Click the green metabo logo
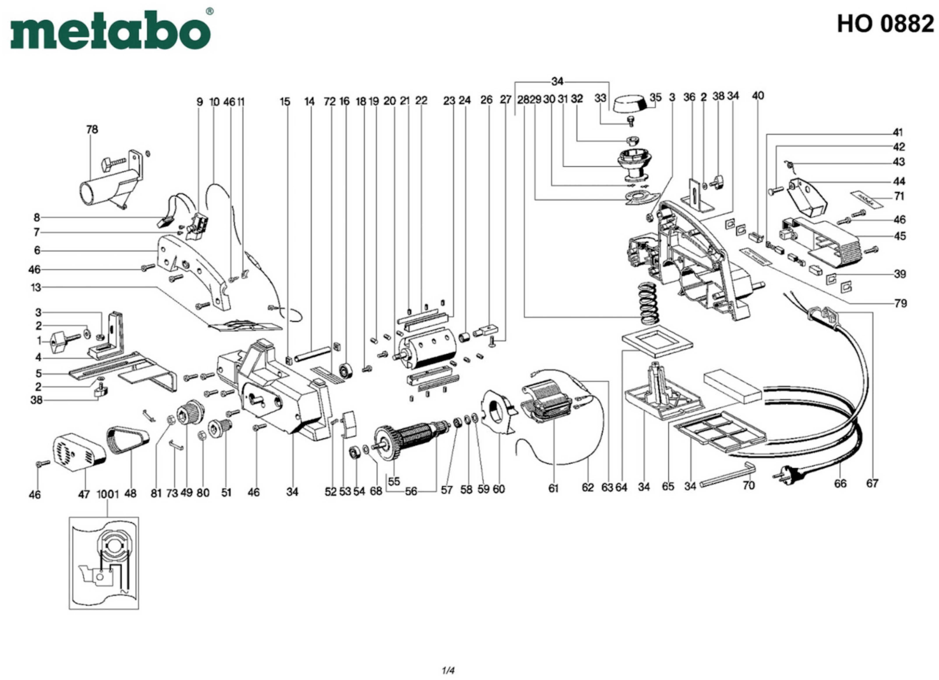(x=110, y=31)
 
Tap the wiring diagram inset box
(x=104, y=563)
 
